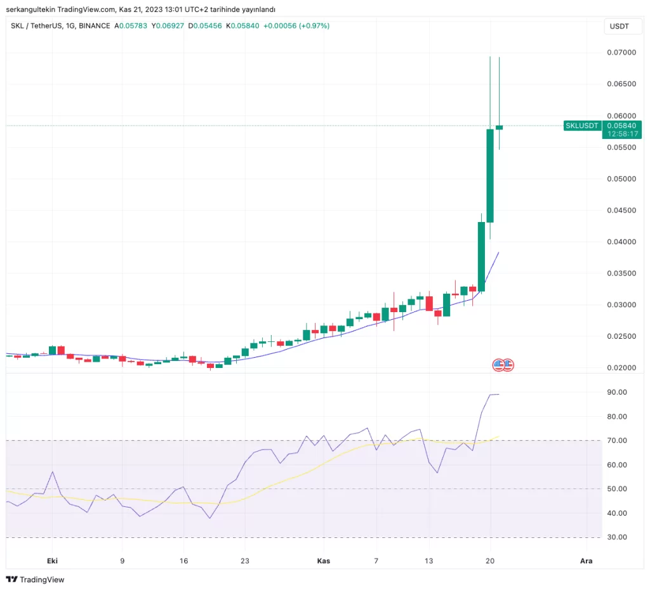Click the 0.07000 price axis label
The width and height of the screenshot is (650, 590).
point(621,52)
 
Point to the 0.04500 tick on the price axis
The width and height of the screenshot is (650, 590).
point(621,210)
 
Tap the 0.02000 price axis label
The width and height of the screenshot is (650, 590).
point(621,368)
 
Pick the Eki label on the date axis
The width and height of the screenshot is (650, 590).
point(53,561)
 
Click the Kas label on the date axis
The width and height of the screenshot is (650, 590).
point(323,561)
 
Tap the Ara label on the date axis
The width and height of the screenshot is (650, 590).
point(587,561)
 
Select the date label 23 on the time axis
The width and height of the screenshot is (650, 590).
point(245,561)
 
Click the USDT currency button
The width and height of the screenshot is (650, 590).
point(619,26)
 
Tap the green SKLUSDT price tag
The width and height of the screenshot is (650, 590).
point(582,126)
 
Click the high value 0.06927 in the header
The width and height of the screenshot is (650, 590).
point(168,26)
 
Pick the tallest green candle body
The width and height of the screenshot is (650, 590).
point(490,176)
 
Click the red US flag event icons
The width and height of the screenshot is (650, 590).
point(503,365)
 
